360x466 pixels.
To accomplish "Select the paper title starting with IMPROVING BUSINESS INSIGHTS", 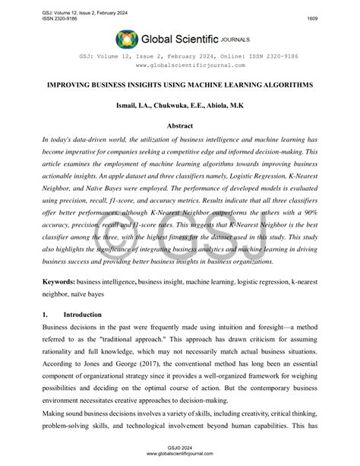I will click(179, 85).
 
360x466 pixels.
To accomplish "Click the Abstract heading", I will click(179, 126).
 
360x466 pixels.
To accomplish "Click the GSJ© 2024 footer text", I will click(179, 450).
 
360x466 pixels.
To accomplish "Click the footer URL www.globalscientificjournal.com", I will click(179, 457).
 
